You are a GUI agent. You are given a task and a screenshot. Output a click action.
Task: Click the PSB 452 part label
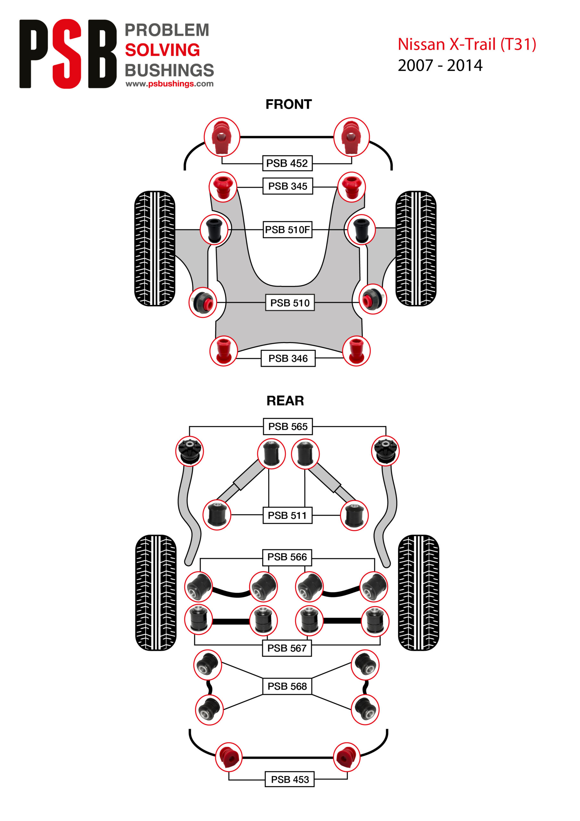coord(287,164)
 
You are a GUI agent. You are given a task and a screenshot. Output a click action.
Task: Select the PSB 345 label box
coord(287,186)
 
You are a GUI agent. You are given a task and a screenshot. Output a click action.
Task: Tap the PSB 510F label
coord(287,230)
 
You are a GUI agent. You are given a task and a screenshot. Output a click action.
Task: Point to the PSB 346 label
coord(288,358)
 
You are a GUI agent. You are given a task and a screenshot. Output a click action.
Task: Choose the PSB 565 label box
coord(288,426)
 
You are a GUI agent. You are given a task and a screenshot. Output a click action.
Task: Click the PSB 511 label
coord(287,515)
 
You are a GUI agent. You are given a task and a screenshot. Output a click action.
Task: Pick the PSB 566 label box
coord(287,557)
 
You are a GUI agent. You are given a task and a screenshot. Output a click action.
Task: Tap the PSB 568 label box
coord(287,686)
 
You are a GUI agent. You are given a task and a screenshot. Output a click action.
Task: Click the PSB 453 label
coord(289,779)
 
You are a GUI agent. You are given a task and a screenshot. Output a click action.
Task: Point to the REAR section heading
coord(285,401)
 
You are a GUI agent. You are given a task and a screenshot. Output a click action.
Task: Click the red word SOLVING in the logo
coord(162,50)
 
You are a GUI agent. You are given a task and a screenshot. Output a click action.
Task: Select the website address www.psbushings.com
coord(170,84)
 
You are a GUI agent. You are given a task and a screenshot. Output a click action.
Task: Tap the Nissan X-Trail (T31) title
coord(467,44)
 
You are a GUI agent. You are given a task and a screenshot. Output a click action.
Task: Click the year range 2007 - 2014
coord(440,65)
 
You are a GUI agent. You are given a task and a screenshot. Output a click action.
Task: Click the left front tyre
coord(154,249)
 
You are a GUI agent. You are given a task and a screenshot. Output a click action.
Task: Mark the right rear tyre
coord(418,593)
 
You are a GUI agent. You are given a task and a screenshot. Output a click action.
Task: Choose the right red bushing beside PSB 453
coord(346,757)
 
